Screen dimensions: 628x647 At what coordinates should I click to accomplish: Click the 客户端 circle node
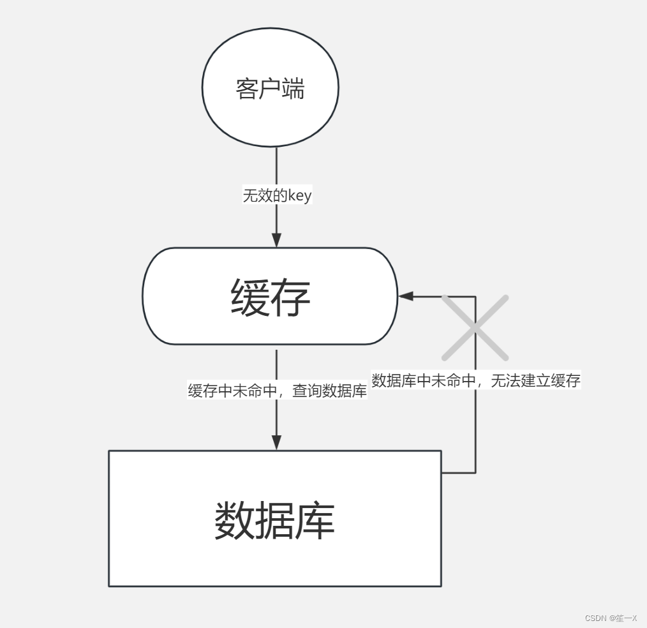pos(270,87)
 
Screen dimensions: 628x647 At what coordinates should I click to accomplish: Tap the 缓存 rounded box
pos(270,296)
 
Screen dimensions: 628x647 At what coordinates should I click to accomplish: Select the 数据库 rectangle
pos(274,518)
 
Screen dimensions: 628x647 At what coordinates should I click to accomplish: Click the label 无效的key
pos(277,195)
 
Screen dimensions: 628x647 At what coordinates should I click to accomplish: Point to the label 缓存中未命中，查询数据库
pos(277,391)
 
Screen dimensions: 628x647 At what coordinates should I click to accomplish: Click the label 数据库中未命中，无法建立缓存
pos(476,381)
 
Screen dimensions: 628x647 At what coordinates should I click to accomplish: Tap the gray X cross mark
pos(475,327)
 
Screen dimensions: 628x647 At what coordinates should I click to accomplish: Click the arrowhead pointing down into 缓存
pos(276,241)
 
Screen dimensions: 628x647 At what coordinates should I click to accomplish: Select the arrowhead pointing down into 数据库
pos(276,442)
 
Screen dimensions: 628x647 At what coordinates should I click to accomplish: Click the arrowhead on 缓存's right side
pos(406,296)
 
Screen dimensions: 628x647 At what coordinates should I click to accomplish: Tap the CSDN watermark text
pos(611,618)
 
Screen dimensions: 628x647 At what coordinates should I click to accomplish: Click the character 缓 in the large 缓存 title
pos(250,297)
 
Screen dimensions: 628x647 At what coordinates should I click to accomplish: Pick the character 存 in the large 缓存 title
pos(291,297)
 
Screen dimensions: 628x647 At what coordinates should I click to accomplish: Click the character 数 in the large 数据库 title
pos(234,520)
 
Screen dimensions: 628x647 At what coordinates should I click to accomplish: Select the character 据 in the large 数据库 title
pos(274,520)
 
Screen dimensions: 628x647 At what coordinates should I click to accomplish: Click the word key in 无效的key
pos(299,195)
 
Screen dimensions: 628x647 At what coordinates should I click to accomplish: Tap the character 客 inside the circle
pos(247,89)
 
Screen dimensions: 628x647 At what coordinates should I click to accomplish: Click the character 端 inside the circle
pos(293,89)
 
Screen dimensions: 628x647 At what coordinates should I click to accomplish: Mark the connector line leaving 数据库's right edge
pos(458,473)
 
